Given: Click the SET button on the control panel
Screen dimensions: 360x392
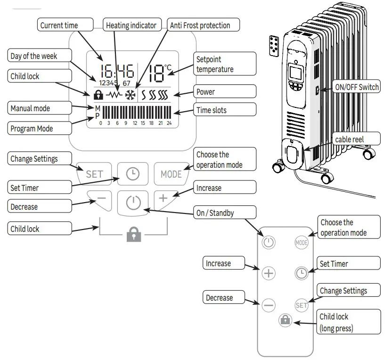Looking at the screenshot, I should [94, 174].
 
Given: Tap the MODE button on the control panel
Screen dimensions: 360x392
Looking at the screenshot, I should [171, 174].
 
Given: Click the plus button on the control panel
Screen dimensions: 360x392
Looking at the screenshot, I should [163, 198].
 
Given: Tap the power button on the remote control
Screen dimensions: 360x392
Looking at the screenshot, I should [268, 243].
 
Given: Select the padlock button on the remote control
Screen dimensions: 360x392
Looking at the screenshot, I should [286, 320].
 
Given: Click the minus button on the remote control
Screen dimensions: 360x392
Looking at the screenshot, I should [268, 305].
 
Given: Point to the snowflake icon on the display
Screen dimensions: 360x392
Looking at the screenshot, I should [130, 94].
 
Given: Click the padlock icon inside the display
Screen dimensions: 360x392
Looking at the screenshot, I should [98, 95].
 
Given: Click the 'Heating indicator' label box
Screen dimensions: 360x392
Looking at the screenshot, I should [131, 25].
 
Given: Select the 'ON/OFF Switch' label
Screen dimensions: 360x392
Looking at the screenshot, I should [356, 87].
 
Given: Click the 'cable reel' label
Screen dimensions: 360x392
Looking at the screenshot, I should [349, 139].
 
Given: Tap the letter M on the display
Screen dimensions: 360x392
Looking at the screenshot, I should [98, 108].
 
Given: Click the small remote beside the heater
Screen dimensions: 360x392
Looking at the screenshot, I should [273, 46].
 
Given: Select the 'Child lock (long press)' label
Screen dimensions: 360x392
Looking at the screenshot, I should [349, 322].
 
